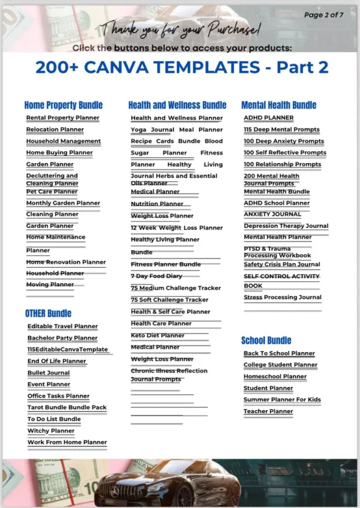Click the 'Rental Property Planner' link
(x=62, y=118)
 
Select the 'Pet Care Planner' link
(x=52, y=191)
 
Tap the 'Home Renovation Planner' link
(x=65, y=262)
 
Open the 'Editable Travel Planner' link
(x=62, y=326)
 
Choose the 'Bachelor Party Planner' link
(x=62, y=338)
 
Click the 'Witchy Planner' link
(x=51, y=431)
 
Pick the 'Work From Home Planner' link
(x=67, y=442)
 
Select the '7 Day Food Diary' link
(x=156, y=276)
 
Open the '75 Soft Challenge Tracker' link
(x=170, y=299)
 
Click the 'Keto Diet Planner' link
(x=158, y=335)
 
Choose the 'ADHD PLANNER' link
(x=268, y=118)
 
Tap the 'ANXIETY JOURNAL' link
(x=272, y=214)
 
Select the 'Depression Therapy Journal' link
(x=286, y=226)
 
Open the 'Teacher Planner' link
(x=268, y=411)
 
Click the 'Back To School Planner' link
(x=279, y=353)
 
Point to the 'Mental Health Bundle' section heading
(x=278, y=105)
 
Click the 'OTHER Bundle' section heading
(x=48, y=313)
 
